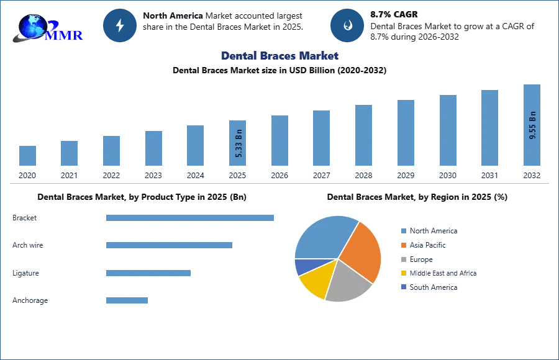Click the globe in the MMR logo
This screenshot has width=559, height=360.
point(32,26)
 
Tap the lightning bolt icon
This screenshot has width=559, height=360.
point(120,25)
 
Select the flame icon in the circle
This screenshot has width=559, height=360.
point(347,25)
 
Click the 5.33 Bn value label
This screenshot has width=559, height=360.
point(239,144)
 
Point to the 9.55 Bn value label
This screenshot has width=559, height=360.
point(532,125)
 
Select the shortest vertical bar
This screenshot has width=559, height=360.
point(27,156)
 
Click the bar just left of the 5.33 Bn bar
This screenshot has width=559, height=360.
point(194,146)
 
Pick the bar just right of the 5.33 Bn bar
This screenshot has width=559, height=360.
point(278,141)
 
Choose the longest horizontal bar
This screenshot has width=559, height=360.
point(191,218)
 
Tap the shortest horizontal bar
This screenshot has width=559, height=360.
point(127,300)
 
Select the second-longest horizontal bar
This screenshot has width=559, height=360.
point(168,244)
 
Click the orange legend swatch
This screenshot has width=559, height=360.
point(402,245)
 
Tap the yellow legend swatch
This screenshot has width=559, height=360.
point(402,273)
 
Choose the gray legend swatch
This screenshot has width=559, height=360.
point(402,259)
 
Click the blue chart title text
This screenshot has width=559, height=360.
point(279,55)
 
